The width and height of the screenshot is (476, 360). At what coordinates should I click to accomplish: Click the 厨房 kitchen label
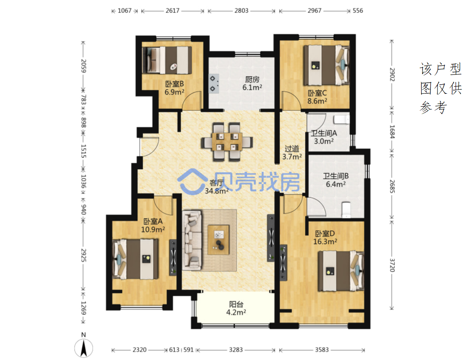pyautogui.click(x=252, y=80)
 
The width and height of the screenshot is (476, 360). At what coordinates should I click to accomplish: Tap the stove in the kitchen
pyautogui.click(x=214, y=84)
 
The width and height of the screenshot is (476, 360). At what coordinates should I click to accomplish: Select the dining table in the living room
pyautogui.click(x=227, y=142)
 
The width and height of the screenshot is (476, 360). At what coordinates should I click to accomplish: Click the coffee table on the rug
pyautogui.click(x=219, y=239)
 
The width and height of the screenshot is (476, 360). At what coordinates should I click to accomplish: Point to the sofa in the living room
pyautogui.click(x=192, y=240)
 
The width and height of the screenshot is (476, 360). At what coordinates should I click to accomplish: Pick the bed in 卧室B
pyautogui.click(x=167, y=60)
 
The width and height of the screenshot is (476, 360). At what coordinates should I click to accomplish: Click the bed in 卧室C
pyautogui.click(x=326, y=65)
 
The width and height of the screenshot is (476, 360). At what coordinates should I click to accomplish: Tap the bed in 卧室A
pyautogui.click(x=135, y=259)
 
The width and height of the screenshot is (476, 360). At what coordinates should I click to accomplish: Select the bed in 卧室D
pyautogui.click(x=341, y=271)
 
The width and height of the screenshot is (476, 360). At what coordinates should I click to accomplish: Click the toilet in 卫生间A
pyautogui.click(x=342, y=119)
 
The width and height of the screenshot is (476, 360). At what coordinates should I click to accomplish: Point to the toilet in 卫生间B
pyautogui.click(x=346, y=210)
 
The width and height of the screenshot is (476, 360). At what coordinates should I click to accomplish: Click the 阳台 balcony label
pyautogui.click(x=236, y=304)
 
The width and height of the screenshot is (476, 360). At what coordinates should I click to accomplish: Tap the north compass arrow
pyautogui.click(x=83, y=349)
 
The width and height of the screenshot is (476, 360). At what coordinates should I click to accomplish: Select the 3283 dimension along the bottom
pyautogui.click(x=236, y=350)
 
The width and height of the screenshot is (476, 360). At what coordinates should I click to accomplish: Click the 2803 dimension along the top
pyautogui.click(x=241, y=11)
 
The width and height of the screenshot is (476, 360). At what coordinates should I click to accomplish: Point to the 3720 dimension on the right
pyautogui.click(x=392, y=265)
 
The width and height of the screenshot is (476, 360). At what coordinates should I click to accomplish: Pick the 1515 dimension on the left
pyautogui.click(x=84, y=151)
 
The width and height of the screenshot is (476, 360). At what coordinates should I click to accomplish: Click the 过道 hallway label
pyautogui.click(x=292, y=148)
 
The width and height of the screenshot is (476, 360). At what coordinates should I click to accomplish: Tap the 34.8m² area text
pyautogui.click(x=217, y=191)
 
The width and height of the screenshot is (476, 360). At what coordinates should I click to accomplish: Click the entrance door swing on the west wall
pyautogui.click(x=150, y=147)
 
